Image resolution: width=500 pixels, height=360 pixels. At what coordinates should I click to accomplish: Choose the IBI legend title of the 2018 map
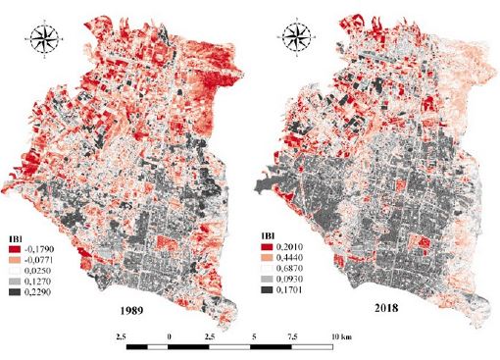tap(266, 237)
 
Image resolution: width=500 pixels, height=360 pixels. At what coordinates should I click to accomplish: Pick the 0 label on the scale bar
tap(171, 335)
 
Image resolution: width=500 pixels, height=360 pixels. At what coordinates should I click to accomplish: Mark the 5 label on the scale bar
tap(254, 335)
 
